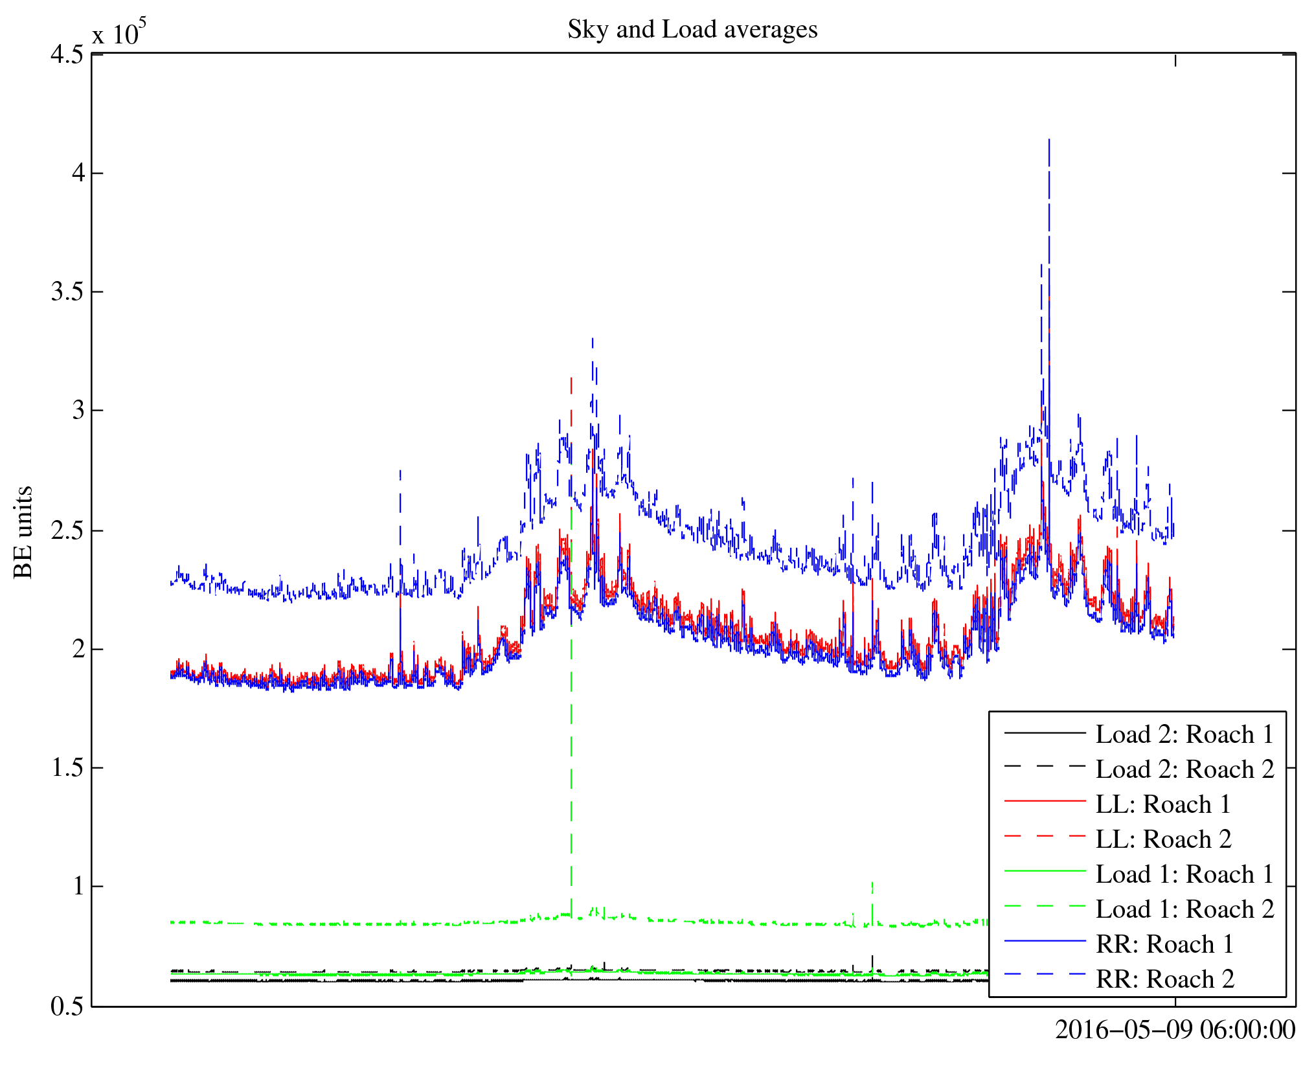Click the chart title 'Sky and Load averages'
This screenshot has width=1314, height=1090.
pos(692,30)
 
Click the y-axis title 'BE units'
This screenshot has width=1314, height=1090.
pos(23,532)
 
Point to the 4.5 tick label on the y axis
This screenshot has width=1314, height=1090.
pos(67,54)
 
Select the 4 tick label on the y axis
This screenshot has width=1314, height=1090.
pos(78,173)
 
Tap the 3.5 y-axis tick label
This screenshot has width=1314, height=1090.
pos(67,292)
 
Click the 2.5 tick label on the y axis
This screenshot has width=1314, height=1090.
pos(67,530)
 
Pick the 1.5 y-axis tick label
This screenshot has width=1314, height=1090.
pos(67,768)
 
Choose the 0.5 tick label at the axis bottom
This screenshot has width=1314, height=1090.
pos(67,1006)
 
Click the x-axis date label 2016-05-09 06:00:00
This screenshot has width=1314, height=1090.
pos(1175,1030)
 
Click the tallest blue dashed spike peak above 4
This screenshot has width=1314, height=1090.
pos(1048,141)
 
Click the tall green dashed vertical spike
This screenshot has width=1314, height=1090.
pos(571,712)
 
